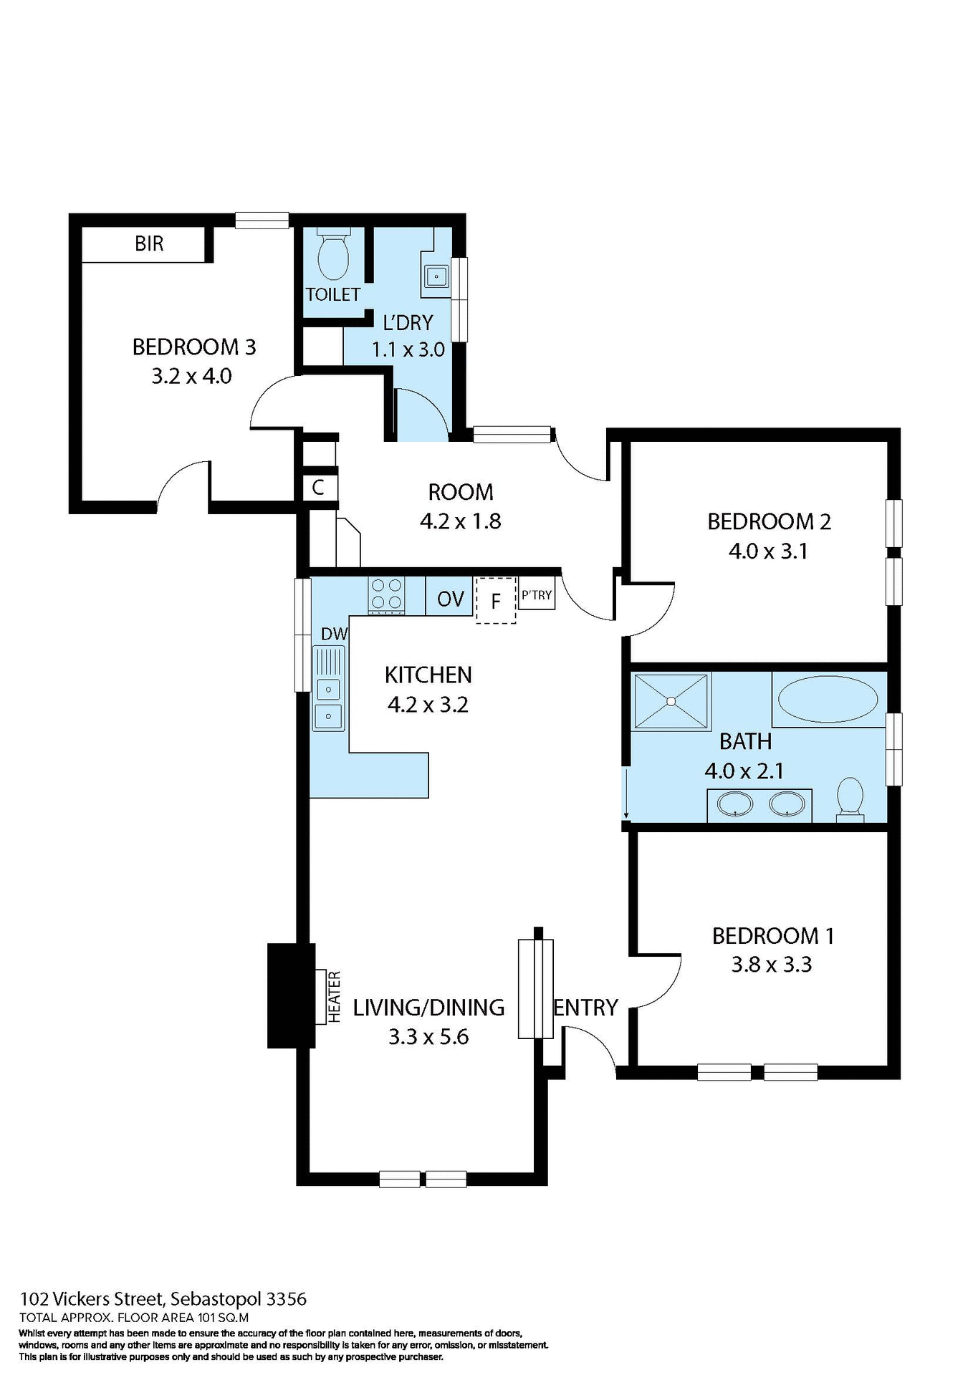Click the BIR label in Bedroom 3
tap(149, 244)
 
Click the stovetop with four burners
tap(386, 594)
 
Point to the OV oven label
tap(451, 599)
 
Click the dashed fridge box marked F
tap(496, 600)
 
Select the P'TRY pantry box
tap(537, 595)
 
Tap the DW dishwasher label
tap(334, 634)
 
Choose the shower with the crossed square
tap(671, 701)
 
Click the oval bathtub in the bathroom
tap(828, 700)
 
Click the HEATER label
tap(334, 996)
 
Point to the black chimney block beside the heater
tap(290, 995)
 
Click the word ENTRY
tap(585, 1008)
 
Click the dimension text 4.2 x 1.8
tap(460, 521)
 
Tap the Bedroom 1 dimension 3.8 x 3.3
tap(771, 965)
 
